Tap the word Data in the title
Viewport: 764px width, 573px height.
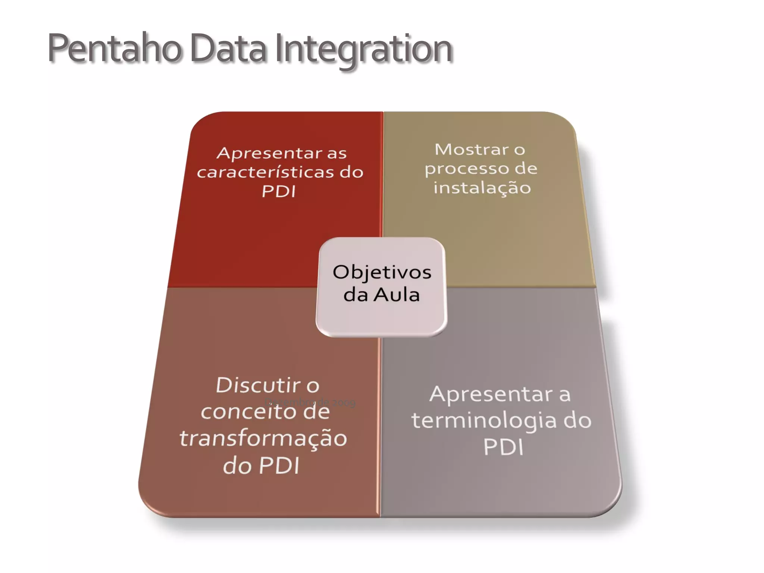228,49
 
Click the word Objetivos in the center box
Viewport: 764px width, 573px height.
382,272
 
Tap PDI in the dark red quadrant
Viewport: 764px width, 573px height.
279,192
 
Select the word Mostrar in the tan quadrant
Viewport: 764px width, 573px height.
472,150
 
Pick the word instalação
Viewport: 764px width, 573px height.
482,188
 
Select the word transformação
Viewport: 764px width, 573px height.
263,438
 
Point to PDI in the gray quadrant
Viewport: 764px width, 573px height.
504,447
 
